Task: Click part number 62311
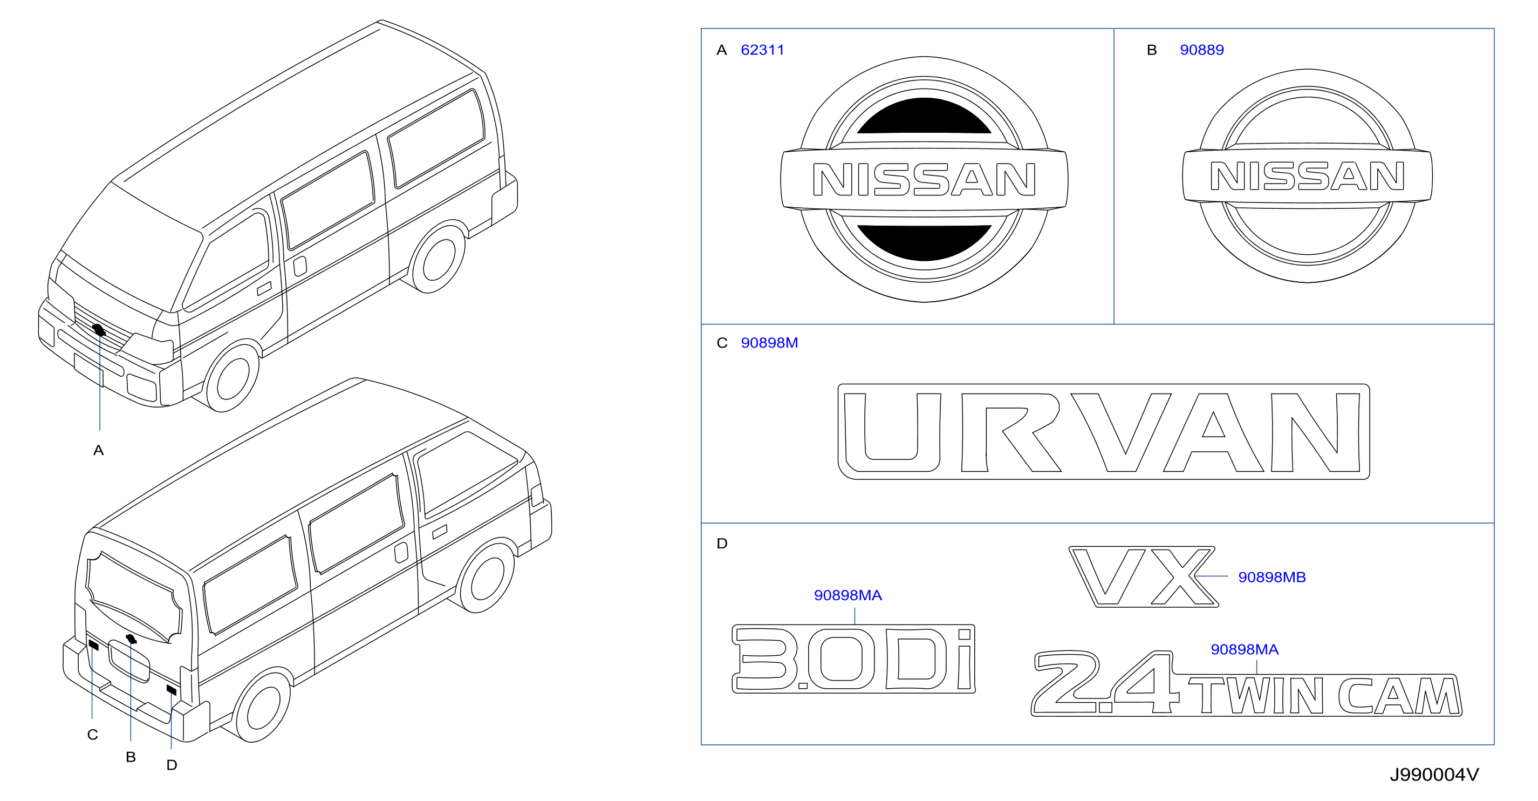762,50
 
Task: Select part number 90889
1201,50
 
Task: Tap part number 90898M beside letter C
769,343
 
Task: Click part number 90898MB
1272,577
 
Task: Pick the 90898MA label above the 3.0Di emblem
848,595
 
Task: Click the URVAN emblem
1103,431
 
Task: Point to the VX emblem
1143,576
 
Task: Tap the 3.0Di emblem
853,659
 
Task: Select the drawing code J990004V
1434,775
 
